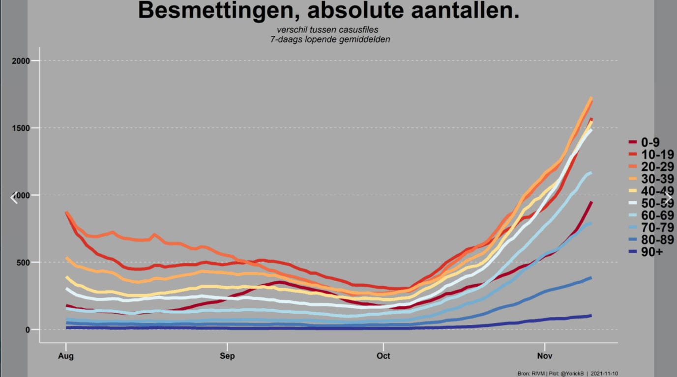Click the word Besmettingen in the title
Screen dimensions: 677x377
(215, 11)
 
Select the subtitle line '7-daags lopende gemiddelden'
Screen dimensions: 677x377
(330, 39)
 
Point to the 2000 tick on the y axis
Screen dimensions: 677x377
(21, 61)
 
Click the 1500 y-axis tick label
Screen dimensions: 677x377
(21, 128)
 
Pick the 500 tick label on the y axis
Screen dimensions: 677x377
(23, 263)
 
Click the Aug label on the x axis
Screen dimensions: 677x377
(66, 356)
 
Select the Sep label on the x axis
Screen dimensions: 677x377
(227, 356)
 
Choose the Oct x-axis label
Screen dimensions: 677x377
(383, 356)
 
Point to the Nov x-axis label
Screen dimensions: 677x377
(545, 356)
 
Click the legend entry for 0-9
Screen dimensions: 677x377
(644, 142)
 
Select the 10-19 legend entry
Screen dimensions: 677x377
(651, 154)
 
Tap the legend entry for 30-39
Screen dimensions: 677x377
(651, 179)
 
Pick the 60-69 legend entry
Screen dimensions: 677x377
(651, 215)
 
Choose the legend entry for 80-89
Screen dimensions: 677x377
(651, 240)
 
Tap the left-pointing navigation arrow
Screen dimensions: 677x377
(14, 198)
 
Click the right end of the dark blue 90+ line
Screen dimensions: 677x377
(591, 316)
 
